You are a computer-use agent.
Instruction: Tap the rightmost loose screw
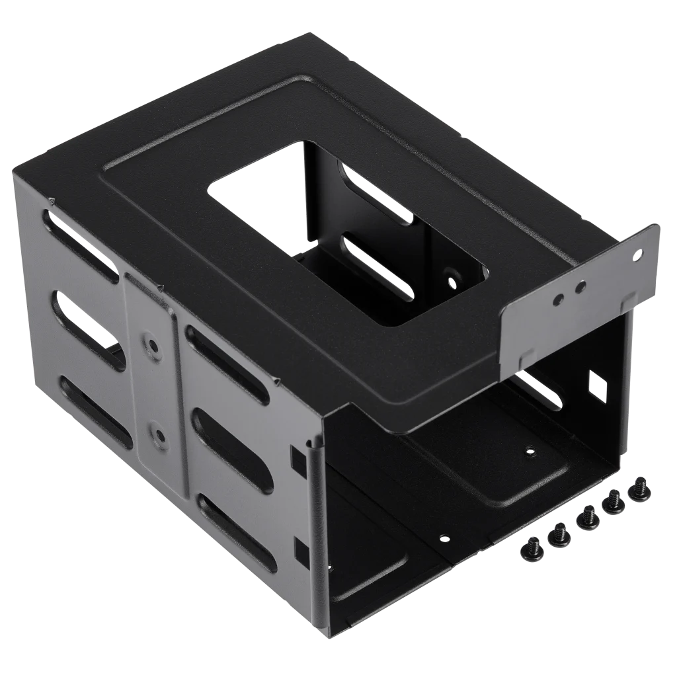coord(641,488)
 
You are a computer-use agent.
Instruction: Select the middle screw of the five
coord(586,517)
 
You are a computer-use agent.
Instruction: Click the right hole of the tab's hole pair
coord(580,287)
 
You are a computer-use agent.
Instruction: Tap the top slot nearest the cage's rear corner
coord(83,247)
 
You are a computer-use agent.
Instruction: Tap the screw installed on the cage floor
coord(528,451)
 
